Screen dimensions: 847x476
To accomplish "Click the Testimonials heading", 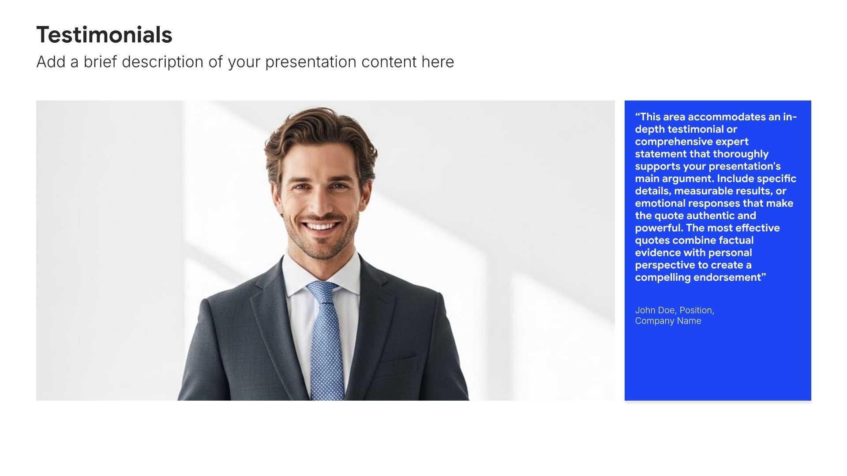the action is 104,35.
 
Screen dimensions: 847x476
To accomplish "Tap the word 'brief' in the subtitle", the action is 100,62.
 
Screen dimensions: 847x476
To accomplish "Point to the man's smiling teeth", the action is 321,227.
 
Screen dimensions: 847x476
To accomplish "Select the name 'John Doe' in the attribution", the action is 655,310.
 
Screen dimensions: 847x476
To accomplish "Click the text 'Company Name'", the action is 668,321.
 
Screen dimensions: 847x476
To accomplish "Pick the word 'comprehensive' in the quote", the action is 669,142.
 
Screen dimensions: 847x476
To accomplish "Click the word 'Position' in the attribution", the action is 696,310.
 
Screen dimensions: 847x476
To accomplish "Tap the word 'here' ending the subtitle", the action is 438,62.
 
